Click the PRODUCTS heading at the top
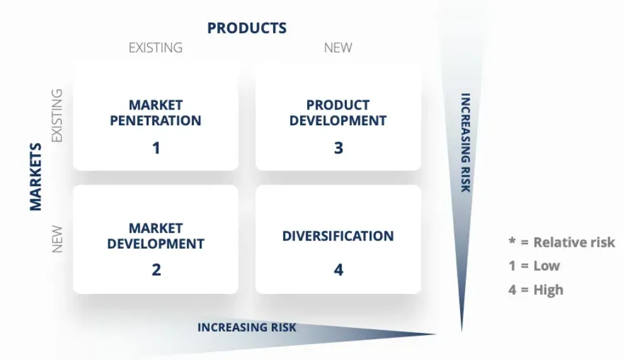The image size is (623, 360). pos(247,28)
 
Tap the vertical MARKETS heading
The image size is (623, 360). pos(36,177)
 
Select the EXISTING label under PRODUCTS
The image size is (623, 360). pos(155,48)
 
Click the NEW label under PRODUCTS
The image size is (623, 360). pos(338,48)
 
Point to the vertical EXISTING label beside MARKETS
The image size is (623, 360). pos(57,115)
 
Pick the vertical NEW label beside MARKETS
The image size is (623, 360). pos(57,239)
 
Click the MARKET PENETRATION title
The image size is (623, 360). pos(155,113)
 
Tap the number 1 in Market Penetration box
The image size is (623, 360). pos(156,148)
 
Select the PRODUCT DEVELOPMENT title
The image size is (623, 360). pos(338,113)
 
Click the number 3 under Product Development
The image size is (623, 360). pos(339,148)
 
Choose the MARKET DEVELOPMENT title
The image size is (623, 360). pos(156,235)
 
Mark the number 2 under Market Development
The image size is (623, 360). pos(156,270)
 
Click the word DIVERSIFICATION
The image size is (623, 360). pos(338,236)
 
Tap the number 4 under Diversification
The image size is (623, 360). pos(339,270)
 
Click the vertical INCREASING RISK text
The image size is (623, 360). pos(466,143)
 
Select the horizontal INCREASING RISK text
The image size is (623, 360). pos(247,327)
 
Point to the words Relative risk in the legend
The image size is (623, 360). pos(574,242)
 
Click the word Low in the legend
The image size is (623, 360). pos(546,266)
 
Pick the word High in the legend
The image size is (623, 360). pos(548,290)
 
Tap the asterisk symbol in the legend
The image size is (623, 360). pos(512,240)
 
